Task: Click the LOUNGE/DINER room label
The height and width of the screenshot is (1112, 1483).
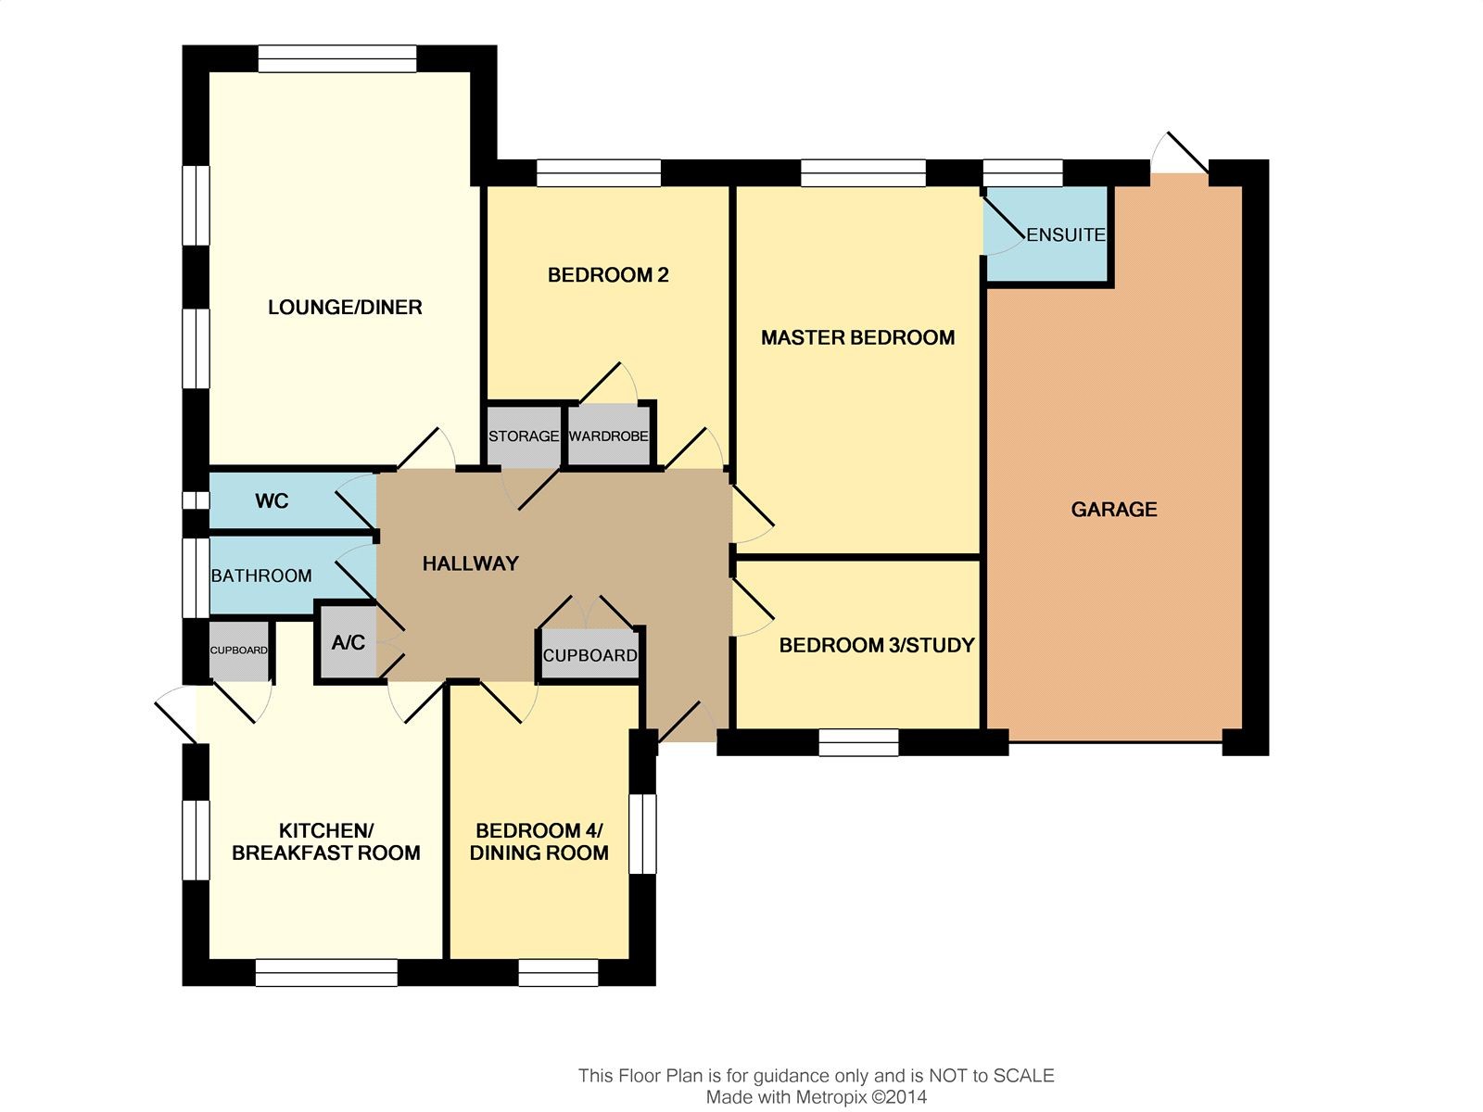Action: point(345,308)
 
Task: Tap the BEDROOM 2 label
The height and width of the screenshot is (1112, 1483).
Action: point(608,275)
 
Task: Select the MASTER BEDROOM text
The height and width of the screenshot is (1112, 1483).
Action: point(858,337)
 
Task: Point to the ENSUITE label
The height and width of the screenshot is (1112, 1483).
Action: point(1066,235)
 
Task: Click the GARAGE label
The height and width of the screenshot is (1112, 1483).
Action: point(1114,509)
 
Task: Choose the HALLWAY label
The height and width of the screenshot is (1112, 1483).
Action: point(470,563)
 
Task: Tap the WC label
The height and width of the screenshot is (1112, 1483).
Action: point(272,501)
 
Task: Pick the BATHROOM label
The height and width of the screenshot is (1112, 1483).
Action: point(261,575)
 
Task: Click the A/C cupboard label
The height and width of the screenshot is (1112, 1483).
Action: point(348,642)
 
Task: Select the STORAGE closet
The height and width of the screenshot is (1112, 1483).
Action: point(525,436)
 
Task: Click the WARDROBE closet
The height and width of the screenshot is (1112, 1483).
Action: point(609,436)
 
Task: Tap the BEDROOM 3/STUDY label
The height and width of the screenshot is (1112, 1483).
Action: point(877,646)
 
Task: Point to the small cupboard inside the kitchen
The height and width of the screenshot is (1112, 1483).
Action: point(239,651)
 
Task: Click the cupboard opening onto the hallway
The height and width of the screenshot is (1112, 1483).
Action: point(589,655)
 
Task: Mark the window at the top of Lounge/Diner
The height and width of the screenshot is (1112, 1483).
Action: point(337,58)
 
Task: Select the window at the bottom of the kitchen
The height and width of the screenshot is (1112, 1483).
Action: point(326,973)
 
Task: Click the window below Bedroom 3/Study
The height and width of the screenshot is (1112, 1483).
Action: point(858,742)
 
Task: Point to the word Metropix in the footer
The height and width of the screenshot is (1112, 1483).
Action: point(831,1097)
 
